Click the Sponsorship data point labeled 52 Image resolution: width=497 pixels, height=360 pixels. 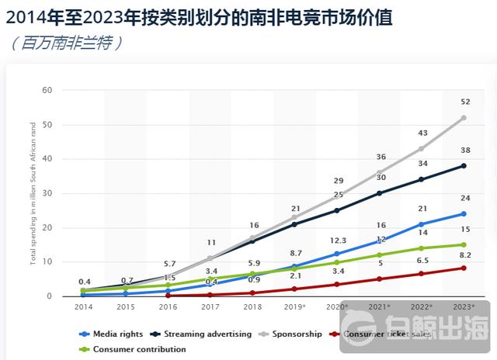tap(464, 118)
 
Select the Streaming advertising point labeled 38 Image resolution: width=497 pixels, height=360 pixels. tap(464, 165)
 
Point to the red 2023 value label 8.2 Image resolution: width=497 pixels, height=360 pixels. tap(464, 254)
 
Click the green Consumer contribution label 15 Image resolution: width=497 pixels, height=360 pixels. tap(464, 229)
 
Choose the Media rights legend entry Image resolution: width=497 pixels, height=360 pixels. tap(112, 334)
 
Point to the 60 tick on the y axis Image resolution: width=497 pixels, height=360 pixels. tap(47, 90)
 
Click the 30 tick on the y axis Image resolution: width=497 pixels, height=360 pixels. tap(47, 193)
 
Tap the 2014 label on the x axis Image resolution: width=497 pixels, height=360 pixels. tap(83, 307)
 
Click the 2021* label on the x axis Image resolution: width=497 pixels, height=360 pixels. tap(380, 307)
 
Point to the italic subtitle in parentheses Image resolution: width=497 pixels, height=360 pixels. tap(66, 43)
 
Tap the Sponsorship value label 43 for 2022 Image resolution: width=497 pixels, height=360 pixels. tap(422, 133)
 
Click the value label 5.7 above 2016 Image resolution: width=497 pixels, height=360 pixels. tap(168, 263)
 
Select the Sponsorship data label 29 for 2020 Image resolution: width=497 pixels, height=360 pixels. tap(337, 180)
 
